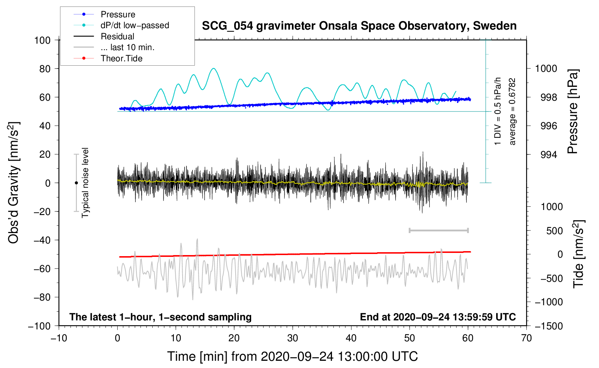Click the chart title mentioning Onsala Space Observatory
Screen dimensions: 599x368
359,26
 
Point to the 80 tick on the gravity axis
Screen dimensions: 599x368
45,69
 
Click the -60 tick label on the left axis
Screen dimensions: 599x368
42,268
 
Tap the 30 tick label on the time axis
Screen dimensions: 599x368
293,338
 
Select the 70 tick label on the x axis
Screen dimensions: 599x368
526,338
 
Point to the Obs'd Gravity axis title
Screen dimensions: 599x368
14,183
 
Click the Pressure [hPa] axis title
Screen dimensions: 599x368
573,111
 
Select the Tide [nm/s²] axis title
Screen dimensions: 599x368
579,254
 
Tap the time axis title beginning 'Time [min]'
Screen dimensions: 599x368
293,356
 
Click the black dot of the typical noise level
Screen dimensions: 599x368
76,183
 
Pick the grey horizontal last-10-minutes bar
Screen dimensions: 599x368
438,231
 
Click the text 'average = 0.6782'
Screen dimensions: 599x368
512,111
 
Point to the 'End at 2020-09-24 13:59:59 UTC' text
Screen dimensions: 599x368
438,317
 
